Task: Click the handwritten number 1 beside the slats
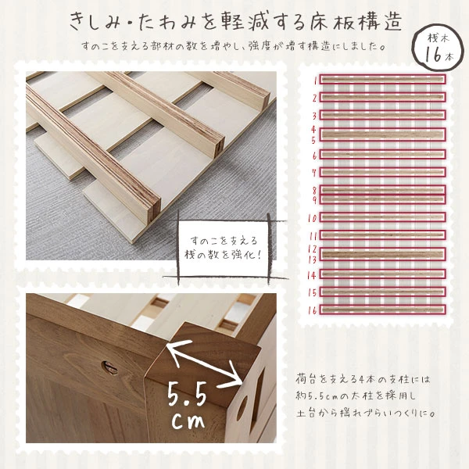click(314, 79)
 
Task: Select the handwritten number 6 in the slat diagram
click(313, 156)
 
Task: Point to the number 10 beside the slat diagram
click(312, 218)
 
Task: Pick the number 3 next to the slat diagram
click(313, 116)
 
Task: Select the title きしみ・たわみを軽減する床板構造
click(227, 19)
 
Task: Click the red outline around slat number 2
click(381, 98)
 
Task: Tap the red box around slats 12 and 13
click(381, 253)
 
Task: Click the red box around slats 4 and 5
click(381, 134)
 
